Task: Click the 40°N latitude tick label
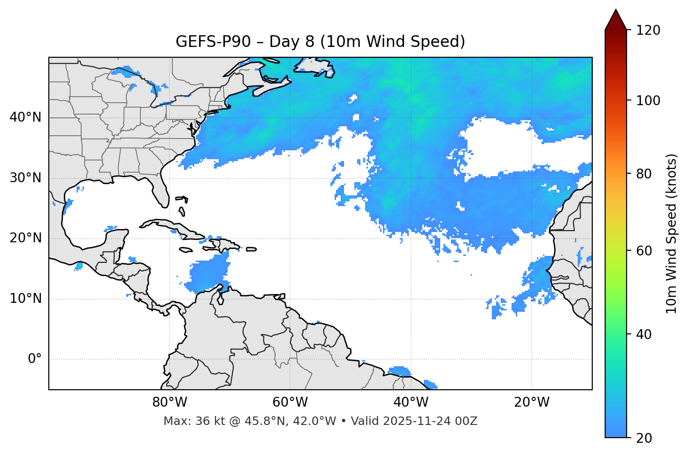tap(25, 117)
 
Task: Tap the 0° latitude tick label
tap(34, 359)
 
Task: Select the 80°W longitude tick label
tap(169, 402)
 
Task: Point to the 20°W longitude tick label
tap(532, 402)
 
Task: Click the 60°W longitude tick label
tap(290, 402)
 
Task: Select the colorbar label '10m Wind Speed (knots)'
tap(672, 233)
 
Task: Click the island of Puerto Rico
tap(251, 249)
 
